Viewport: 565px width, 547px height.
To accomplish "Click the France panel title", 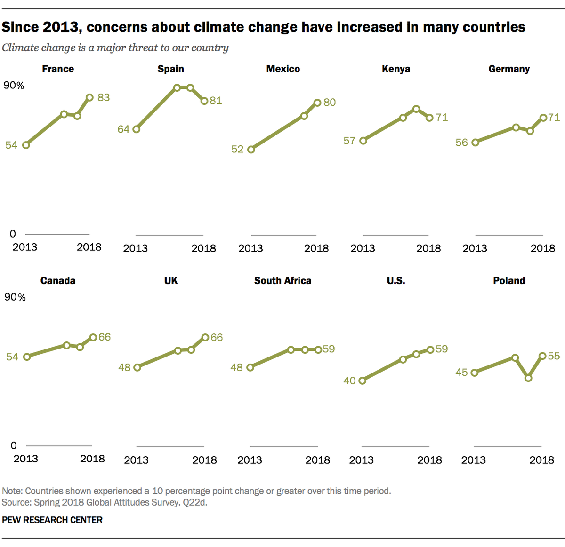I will tap(58, 69).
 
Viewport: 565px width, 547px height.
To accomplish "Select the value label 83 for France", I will tap(104, 97).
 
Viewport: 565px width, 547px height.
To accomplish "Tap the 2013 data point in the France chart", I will tap(26, 145).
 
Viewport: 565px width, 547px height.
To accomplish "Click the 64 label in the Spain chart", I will tap(123, 129).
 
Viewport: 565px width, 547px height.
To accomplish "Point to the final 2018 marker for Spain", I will tap(204, 101).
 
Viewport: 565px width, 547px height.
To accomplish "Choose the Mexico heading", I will tap(283, 69).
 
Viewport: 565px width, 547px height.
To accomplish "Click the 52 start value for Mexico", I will tap(237, 149).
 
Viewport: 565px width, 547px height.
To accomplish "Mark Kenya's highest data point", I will tap(416, 109).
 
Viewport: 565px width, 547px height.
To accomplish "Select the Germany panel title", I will tap(509, 69).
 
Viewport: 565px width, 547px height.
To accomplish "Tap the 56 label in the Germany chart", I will tap(461, 143).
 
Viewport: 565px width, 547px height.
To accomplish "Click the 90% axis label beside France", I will tap(14, 85).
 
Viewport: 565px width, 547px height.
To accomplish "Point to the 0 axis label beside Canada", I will tap(14, 445).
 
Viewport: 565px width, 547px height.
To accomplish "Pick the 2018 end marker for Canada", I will tap(93, 337).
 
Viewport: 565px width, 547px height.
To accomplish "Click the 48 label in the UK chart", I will tap(124, 367).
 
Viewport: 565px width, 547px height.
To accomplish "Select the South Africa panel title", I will tap(282, 281).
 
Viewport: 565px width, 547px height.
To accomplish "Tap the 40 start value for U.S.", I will tap(349, 381).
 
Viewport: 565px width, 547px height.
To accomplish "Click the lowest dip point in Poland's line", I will tap(528, 378).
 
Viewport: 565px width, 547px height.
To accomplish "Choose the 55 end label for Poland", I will tap(554, 356).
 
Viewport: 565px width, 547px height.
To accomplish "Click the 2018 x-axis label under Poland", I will tap(541, 460).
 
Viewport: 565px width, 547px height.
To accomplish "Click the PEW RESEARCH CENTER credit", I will tap(52, 520).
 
